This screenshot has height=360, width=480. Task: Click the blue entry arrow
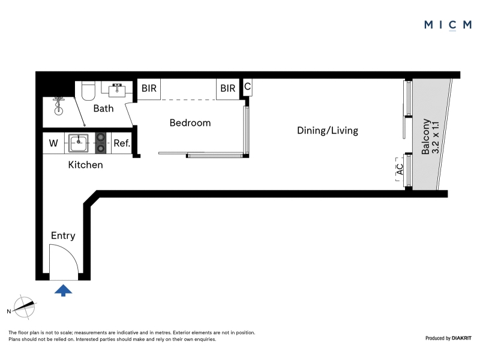pos(64,290)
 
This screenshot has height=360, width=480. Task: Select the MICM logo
pos(448,25)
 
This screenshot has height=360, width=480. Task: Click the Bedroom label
pos(190,123)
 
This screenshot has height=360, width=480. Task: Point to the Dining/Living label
pos(328,130)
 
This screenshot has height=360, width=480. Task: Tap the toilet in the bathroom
pos(88,91)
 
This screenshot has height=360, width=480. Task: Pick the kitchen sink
pos(79,143)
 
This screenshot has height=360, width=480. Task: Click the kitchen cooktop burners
pos(100,143)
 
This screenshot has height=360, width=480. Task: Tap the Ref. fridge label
pos(122,143)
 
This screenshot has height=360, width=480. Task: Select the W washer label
pos(53,143)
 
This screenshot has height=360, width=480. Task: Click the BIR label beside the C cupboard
pos(228,88)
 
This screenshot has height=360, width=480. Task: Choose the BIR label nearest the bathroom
pos(149,88)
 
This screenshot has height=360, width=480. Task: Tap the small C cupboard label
pos(247,86)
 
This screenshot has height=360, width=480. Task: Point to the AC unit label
pos(400,169)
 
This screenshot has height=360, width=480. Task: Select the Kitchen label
pos(85,164)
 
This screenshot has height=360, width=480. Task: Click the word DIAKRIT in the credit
pos(461,338)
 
